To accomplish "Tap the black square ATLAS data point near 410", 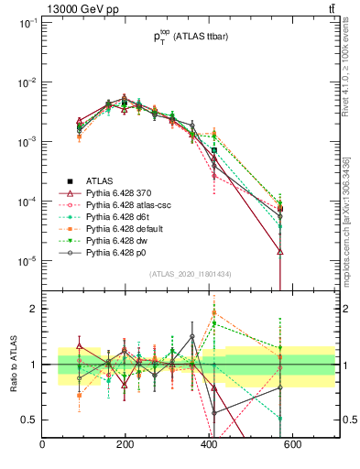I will [x=213, y=150].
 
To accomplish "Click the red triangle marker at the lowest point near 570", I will [x=280, y=251].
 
